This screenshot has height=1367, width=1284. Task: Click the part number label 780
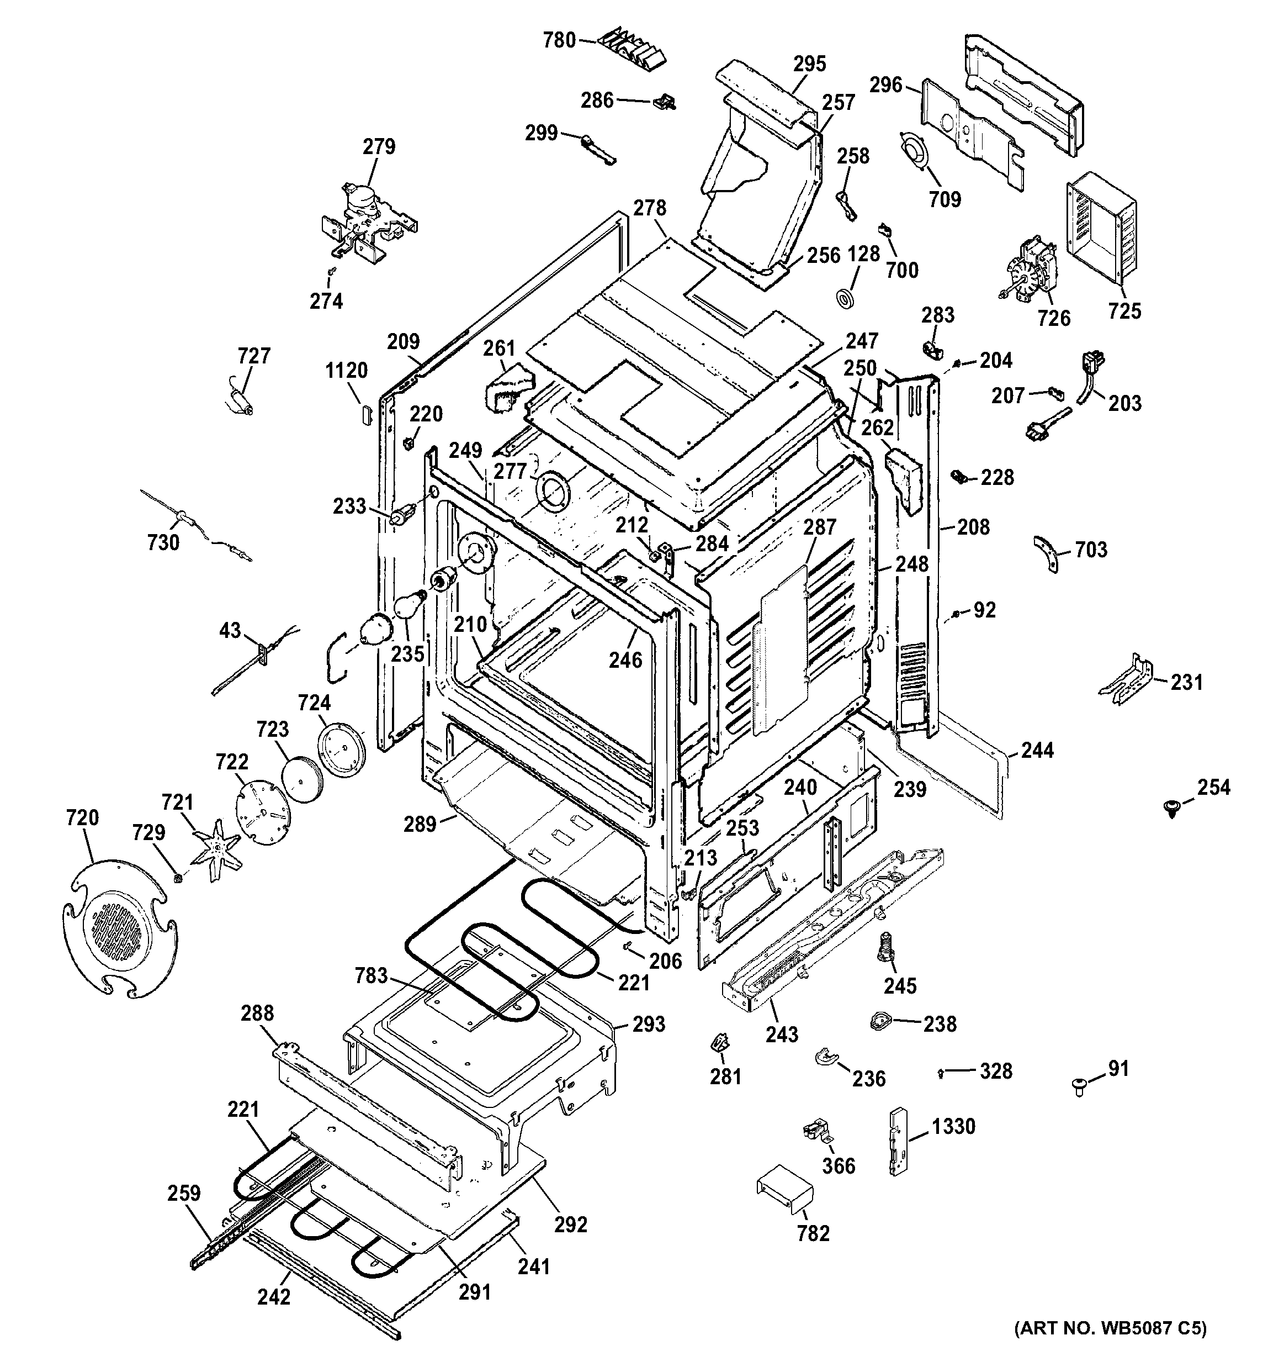tap(559, 40)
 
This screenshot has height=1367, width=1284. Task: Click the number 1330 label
tap(953, 1126)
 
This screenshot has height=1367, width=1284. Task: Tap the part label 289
tap(420, 823)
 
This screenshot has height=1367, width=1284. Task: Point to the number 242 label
tap(274, 1296)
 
